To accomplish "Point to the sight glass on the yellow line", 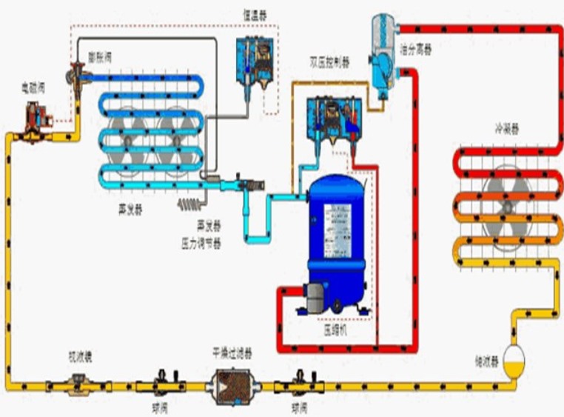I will (76, 384).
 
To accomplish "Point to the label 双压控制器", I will (330, 61).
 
